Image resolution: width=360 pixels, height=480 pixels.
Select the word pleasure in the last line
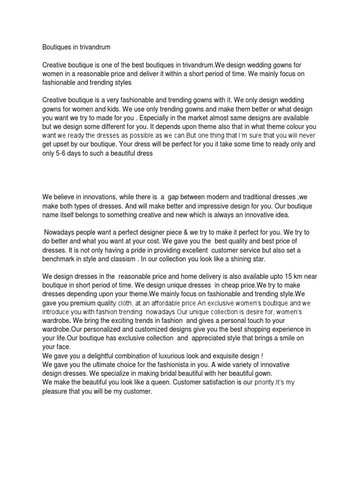click(x=58, y=391)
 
